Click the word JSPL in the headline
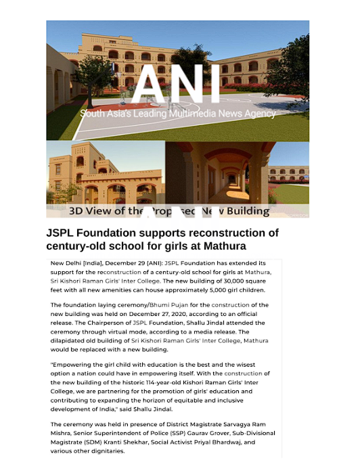point(65,233)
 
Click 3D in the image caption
point(78,211)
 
